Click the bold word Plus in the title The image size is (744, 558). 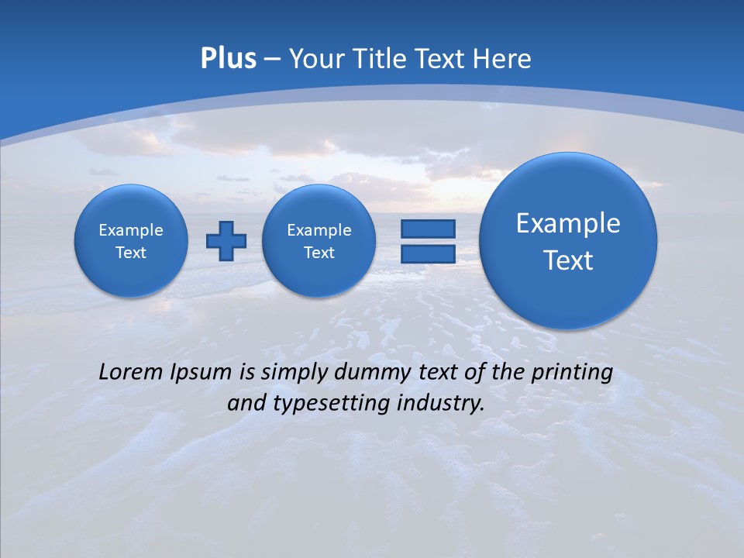[x=228, y=59]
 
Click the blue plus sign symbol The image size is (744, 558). [x=226, y=241]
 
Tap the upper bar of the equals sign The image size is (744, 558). [x=427, y=229]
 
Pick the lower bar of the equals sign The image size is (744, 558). [x=427, y=254]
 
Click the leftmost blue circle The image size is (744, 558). [x=131, y=241]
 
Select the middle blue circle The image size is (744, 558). [x=319, y=241]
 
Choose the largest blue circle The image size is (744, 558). [x=568, y=241]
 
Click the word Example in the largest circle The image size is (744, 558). [x=568, y=223]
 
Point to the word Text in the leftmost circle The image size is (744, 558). [x=131, y=253]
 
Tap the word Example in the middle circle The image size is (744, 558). [x=319, y=230]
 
